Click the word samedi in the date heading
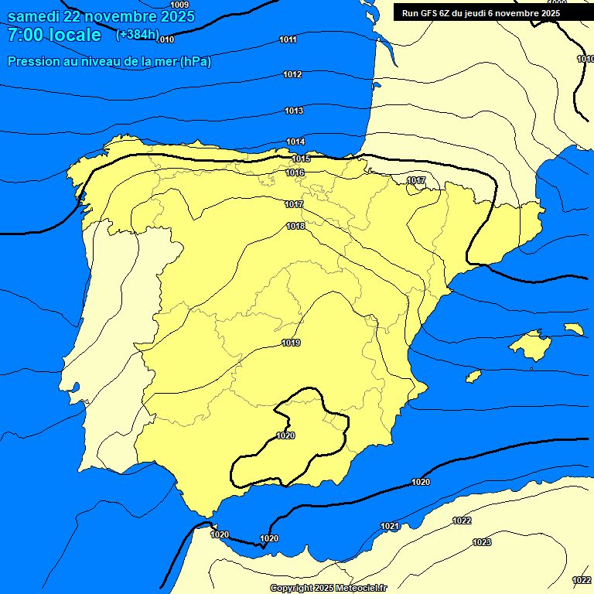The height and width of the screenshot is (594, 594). [x=34, y=16]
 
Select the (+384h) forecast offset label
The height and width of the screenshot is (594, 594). [x=137, y=35]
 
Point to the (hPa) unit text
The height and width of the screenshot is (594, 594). [x=195, y=62]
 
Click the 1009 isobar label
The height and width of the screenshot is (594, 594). [x=179, y=5]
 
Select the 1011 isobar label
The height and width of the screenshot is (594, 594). [x=288, y=39]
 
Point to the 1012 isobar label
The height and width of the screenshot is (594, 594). [x=292, y=74]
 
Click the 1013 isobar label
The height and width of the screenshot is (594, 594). [x=294, y=111]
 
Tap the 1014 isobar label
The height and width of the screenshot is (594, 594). [x=295, y=142]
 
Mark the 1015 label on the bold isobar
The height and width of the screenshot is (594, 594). [x=301, y=159]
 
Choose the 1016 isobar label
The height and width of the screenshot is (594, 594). [x=295, y=172]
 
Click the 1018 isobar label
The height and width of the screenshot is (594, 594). [x=295, y=226]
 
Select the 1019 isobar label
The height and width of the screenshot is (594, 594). [x=291, y=343]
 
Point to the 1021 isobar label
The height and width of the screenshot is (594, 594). [x=390, y=527]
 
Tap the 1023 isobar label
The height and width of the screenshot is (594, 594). [x=482, y=542]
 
